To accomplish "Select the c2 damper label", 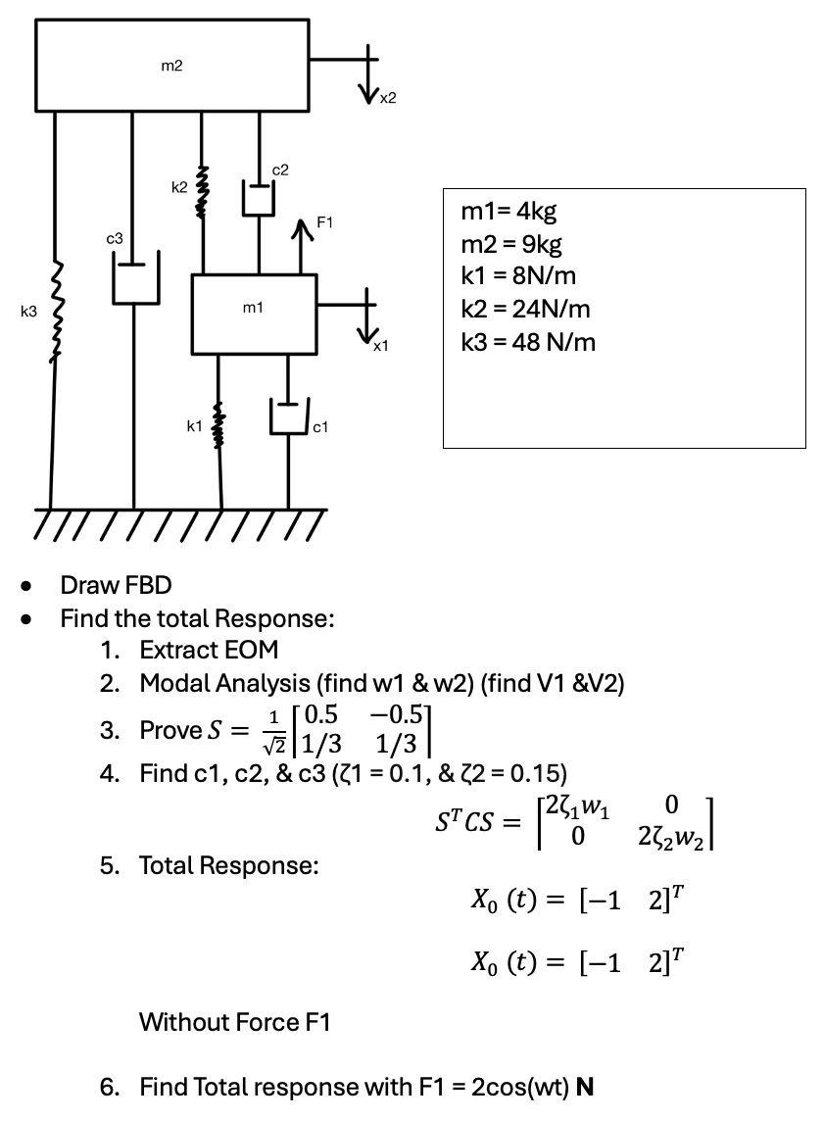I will pos(280,171).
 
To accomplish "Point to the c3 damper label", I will pos(115,238).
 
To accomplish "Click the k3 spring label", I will pos(27,312).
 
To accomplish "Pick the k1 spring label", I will pos(194,426).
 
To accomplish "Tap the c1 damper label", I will pos(321,426).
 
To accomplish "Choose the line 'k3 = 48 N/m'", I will pos(527,342).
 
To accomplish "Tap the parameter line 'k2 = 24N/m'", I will pos(525,309).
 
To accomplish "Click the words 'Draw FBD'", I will pos(116,586).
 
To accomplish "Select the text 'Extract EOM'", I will pos(209,650).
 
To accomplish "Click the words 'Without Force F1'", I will pos(234,1023).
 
